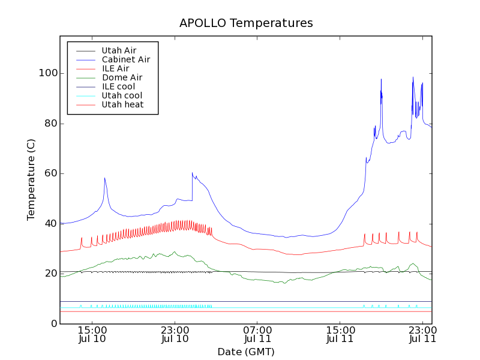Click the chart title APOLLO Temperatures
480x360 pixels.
tap(246, 23)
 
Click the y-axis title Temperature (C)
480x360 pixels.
tap(31, 179)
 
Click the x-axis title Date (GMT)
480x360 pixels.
tap(246, 352)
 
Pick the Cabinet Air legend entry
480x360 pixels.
tap(125, 60)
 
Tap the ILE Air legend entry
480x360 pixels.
tap(115, 69)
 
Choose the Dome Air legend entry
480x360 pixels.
tap(122, 78)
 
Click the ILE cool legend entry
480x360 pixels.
tap(118, 87)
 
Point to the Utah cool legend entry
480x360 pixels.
tap(122, 96)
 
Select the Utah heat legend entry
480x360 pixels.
tap(122, 105)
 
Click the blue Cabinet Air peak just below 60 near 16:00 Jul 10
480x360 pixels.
tap(104, 178)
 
